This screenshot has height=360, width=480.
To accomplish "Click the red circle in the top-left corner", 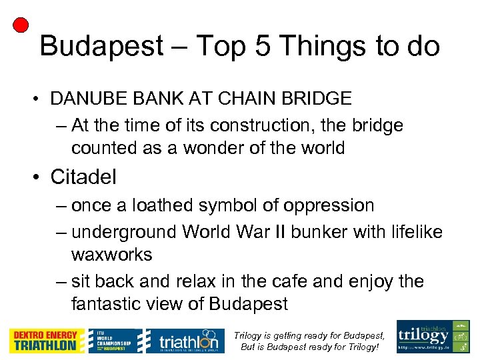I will click(21, 25).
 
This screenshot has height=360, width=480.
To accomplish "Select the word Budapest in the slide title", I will click(101, 47).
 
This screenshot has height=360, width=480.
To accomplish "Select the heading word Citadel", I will click(83, 177).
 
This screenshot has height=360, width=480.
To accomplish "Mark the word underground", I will click(122, 232).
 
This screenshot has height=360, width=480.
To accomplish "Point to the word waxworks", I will click(111, 255).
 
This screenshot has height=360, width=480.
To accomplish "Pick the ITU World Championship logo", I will click(115, 341).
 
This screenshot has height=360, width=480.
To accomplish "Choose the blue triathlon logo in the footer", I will click(182, 341).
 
